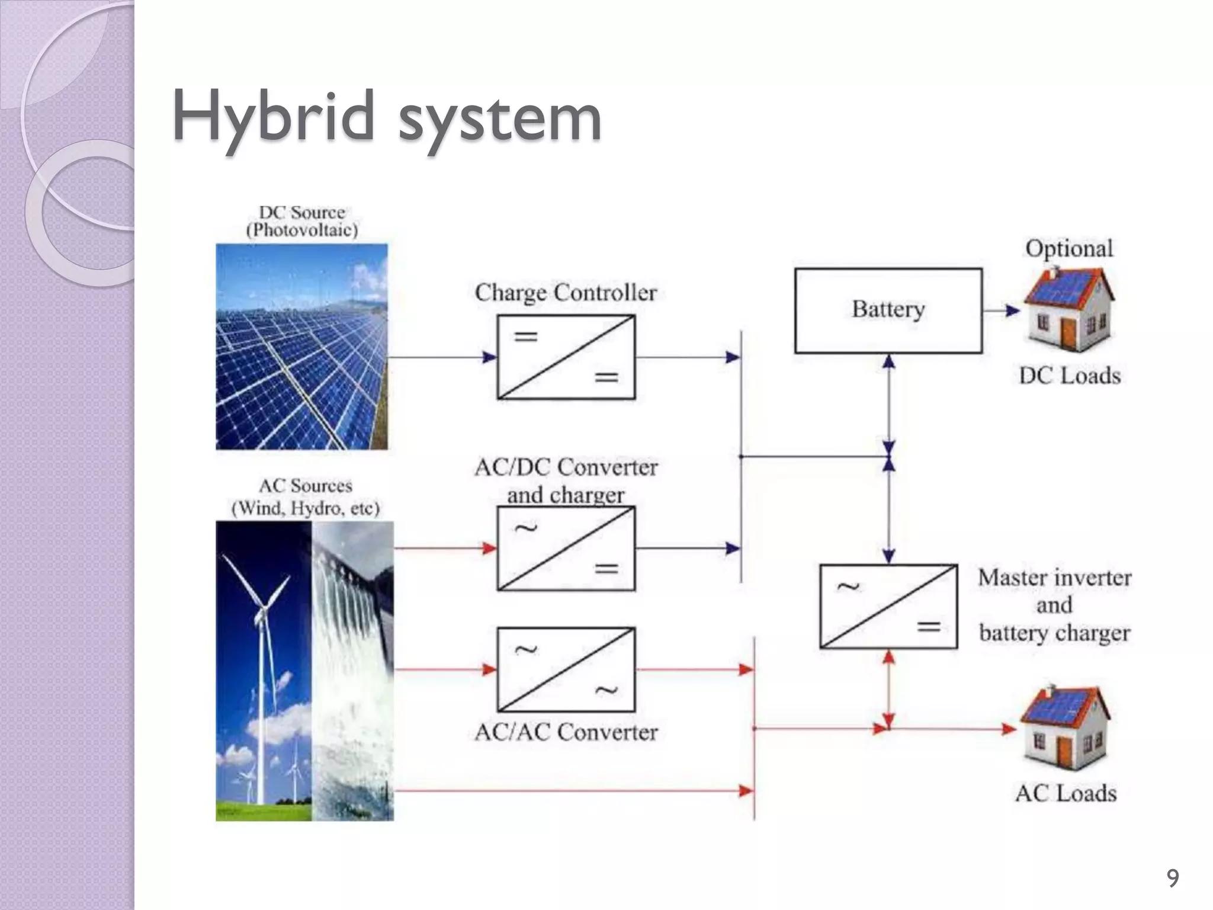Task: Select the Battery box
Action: tap(888, 310)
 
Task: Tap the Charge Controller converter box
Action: tap(566, 357)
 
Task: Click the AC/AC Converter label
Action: tap(566, 733)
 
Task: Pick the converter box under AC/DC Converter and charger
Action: tap(566, 549)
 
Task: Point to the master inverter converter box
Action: tap(888, 606)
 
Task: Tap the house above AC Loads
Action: tap(1064, 728)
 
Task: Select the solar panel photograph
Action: tap(301, 347)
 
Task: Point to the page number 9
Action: tap(1172, 877)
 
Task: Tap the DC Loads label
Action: tap(1070, 376)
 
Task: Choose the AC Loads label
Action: tap(1066, 793)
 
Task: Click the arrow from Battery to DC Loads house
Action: tap(1002, 310)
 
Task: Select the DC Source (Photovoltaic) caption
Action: tap(302, 221)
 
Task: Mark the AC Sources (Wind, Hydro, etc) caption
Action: tap(305, 497)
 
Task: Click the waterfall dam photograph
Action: tap(352, 671)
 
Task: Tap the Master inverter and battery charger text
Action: tap(1054, 605)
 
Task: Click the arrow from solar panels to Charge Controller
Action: tap(442, 357)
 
